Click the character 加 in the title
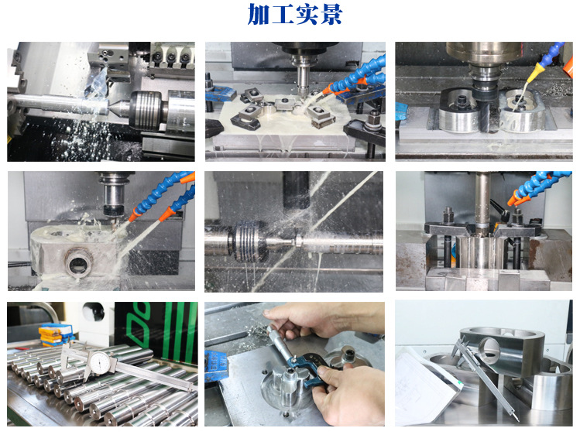pyautogui.click(x=259, y=15)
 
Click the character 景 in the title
pyautogui.click(x=331, y=15)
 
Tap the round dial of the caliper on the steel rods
pyautogui.click(x=100, y=362)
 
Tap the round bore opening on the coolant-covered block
pyautogui.click(x=78, y=262)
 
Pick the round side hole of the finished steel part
pyautogui.click(x=489, y=349)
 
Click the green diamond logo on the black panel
pyautogui.click(x=138, y=323)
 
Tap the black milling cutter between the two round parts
pyautogui.click(x=489, y=110)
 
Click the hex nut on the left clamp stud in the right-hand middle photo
pyautogui.click(x=448, y=215)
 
